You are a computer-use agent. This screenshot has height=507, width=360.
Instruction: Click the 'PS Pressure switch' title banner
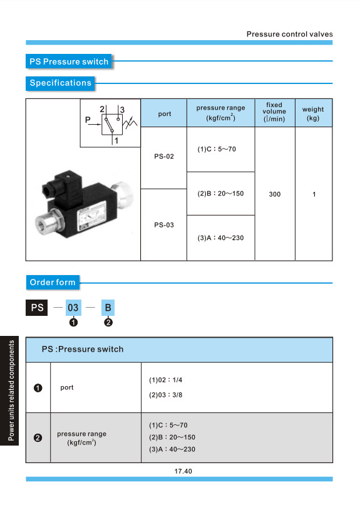(x=68, y=61)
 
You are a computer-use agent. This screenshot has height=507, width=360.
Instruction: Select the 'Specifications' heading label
(x=60, y=83)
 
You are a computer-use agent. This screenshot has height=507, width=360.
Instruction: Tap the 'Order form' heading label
(x=53, y=282)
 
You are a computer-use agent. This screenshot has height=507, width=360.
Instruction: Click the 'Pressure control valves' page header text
(x=289, y=34)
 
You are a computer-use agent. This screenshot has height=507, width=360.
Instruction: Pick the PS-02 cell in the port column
(x=164, y=157)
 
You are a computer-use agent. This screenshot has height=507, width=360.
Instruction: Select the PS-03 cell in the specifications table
(x=164, y=225)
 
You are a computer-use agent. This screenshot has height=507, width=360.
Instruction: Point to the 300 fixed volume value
(x=275, y=194)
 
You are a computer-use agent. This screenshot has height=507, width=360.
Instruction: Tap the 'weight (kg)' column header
(x=313, y=113)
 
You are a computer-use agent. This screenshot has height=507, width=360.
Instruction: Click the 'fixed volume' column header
(x=274, y=112)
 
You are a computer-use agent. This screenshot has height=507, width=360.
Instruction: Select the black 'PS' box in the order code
(x=37, y=308)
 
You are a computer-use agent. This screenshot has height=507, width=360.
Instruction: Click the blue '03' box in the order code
(x=73, y=308)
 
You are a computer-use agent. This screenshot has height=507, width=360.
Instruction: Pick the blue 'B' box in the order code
(x=108, y=308)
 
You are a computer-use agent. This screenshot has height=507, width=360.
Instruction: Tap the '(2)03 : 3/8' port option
(x=165, y=395)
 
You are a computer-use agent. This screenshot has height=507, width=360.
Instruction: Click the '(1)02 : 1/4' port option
(x=165, y=380)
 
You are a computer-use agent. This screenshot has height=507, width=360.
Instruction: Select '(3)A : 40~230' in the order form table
(x=172, y=449)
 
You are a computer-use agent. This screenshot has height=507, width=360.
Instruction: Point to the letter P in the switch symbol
(x=88, y=120)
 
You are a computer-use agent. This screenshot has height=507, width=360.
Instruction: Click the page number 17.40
(x=183, y=471)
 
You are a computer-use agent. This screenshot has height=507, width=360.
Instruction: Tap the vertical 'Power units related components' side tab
(x=9, y=390)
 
